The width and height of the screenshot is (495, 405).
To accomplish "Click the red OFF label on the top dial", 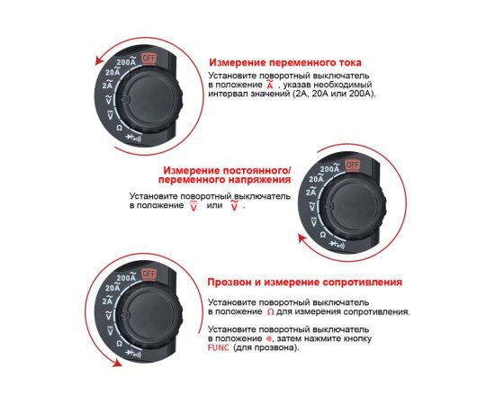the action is (148, 58).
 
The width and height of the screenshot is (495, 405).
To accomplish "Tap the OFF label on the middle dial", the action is (352, 165).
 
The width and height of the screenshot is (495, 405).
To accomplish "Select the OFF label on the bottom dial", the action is (148, 274).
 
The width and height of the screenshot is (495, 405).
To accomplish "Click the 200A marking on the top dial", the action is (127, 61).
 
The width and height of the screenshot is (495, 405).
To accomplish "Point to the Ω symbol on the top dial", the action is (120, 128).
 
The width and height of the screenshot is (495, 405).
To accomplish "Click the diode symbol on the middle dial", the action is (337, 245).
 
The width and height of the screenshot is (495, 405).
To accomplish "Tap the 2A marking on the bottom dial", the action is (107, 301).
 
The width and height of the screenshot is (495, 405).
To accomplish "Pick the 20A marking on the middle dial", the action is (316, 178).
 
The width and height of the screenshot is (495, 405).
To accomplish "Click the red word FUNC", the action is (219, 348).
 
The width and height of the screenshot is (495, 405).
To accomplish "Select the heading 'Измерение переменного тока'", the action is (285, 62).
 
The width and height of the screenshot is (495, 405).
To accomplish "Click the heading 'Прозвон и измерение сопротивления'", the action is (304, 282).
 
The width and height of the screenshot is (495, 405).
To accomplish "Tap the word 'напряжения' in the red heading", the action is (259, 180).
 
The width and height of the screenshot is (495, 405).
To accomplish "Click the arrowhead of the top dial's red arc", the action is (100, 60).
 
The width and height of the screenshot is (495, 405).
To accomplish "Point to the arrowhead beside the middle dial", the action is (303, 238).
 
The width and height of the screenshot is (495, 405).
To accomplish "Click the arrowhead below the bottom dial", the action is (117, 363).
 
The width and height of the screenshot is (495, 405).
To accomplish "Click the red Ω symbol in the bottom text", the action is (271, 312).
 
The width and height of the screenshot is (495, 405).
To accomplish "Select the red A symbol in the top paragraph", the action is (270, 85).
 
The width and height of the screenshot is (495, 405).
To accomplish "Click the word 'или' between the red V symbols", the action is (214, 205).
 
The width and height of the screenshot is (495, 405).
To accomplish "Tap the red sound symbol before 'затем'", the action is (268, 338).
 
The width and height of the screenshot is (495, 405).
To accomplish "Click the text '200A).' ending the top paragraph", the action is (363, 94).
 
